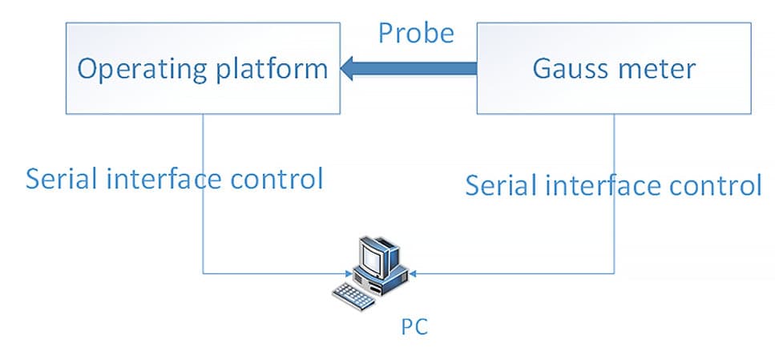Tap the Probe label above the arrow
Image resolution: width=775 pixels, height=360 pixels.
(x=416, y=33)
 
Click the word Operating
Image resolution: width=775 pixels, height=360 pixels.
(x=140, y=69)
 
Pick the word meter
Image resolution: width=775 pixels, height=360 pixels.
(x=658, y=69)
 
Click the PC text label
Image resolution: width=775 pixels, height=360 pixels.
(x=414, y=326)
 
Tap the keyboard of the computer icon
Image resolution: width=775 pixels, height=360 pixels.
(x=353, y=296)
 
